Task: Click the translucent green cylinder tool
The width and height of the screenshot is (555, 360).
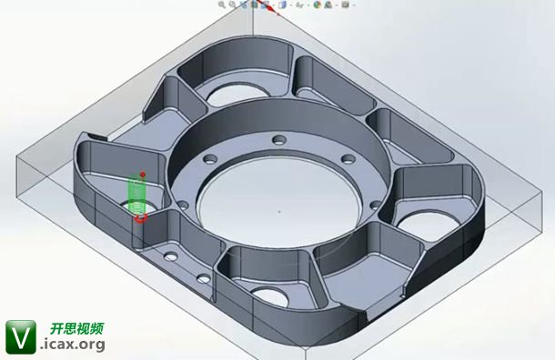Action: tap(137, 195)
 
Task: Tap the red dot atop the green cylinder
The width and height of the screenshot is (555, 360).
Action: tap(143, 175)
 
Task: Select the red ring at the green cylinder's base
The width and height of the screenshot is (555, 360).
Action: tap(140, 217)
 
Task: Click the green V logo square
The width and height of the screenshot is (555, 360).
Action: tap(21, 337)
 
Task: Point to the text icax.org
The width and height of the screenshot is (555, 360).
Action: tap(74, 344)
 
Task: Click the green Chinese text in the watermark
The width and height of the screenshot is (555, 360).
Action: tap(76, 328)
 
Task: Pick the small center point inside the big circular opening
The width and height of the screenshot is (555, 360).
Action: tap(279, 212)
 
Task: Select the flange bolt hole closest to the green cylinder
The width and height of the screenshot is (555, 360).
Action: tap(183, 205)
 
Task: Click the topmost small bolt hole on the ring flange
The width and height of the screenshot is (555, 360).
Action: tap(279, 140)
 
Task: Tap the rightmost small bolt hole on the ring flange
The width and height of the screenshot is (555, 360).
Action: tap(376, 205)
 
